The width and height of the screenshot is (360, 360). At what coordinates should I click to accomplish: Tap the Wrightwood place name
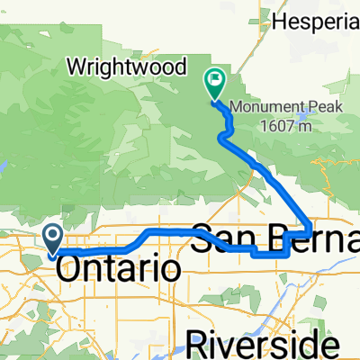[128, 67]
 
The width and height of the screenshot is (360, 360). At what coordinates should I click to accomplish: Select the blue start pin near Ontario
[52, 238]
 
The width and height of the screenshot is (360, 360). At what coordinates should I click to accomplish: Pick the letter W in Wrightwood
[77, 67]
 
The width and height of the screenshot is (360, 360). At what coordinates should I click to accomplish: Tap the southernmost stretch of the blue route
[270, 254]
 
